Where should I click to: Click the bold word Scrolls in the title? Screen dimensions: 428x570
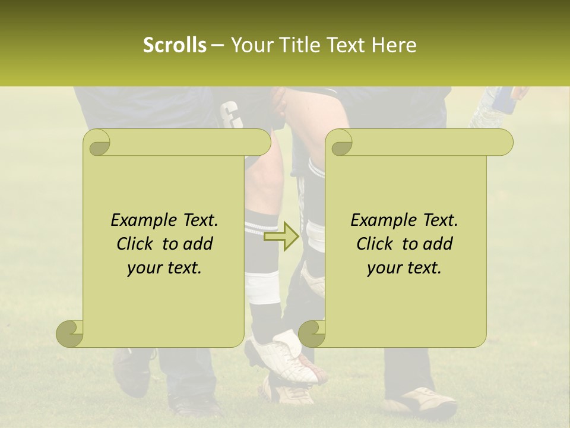(175, 45)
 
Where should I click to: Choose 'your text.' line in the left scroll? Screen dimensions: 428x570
(164, 267)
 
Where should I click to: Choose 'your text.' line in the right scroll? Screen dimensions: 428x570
(404, 267)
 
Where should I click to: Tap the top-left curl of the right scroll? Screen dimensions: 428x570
(341, 143)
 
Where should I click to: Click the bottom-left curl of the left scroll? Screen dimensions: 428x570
(69, 333)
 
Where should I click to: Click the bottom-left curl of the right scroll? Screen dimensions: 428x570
(312, 333)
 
